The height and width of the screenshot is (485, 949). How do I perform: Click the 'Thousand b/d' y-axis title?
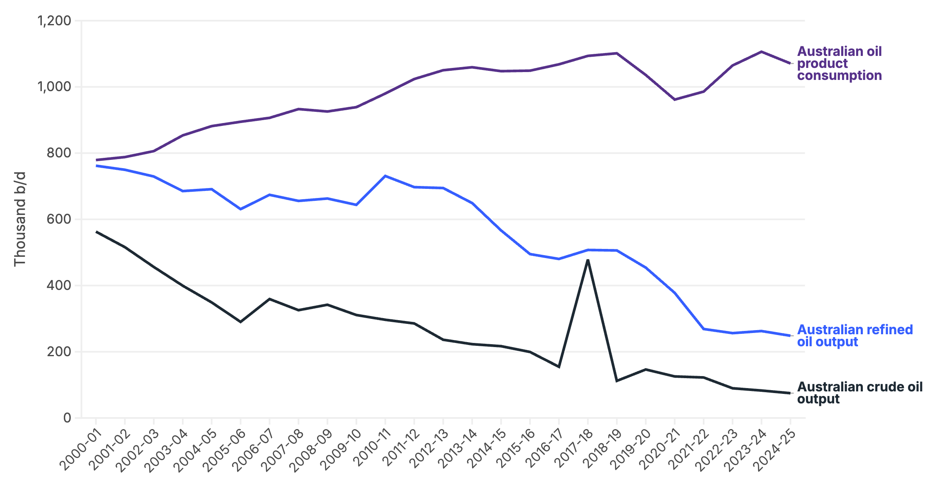tap(20, 219)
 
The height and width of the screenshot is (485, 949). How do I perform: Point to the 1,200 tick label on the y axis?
tap(54, 21)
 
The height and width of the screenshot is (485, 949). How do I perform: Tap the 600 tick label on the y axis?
tap(59, 219)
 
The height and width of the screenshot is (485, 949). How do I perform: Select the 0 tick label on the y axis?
tap(67, 418)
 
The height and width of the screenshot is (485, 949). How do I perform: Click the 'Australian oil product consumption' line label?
tap(839, 63)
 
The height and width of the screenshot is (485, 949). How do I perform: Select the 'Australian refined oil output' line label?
tap(855, 335)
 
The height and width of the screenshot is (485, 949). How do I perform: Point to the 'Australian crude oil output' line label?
tap(859, 393)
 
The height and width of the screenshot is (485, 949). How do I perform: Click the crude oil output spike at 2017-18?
tap(588, 260)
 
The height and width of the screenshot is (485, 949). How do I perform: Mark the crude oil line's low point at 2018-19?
tap(617, 381)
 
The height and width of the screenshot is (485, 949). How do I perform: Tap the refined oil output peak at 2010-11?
tap(385, 176)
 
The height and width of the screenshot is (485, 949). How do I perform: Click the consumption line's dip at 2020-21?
tap(675, 99)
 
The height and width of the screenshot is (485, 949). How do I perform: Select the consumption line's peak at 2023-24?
tap(761, 52)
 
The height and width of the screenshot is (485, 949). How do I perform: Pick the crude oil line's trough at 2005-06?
tap(241, 322)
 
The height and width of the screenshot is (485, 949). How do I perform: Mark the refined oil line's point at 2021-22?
tap(704, 329)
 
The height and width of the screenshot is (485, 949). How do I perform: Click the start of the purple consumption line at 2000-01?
tap(96, 160)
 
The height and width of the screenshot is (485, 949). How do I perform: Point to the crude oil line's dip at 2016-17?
tap(559, 367)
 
